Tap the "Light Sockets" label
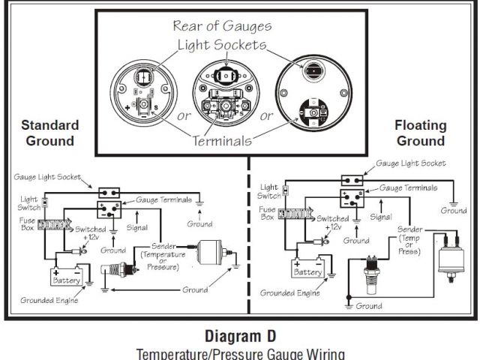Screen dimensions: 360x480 (x=222, y=45)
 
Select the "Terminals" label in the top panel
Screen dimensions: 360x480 (x=222, y=140)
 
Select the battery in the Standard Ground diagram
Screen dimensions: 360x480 (x=66, y=277)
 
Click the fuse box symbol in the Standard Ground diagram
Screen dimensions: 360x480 (x=52, y=223)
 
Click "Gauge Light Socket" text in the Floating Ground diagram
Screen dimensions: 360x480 (x=410, y=163)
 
